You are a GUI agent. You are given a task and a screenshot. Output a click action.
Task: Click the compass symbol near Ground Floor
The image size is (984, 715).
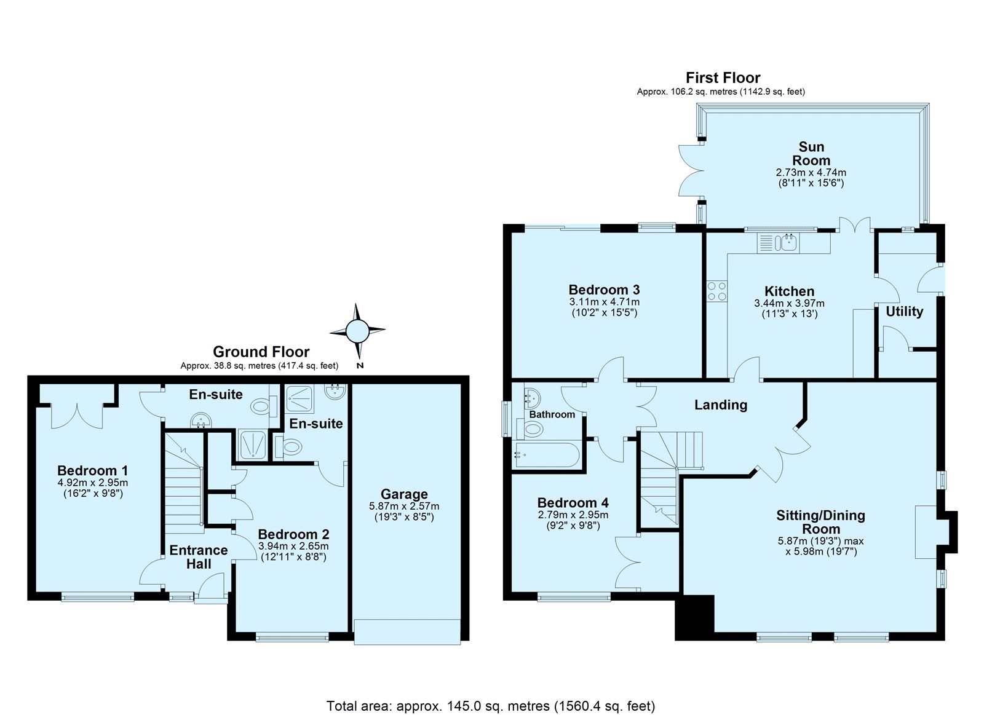click(357, 331)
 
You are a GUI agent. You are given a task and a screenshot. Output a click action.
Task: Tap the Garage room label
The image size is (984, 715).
click(404, 494)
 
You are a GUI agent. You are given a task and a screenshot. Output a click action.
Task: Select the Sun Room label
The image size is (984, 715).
click(811, 153)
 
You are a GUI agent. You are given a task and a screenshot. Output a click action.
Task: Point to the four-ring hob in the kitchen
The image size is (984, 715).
click(716, 291)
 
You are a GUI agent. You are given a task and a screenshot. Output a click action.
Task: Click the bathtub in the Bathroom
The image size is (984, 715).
click(547, 456)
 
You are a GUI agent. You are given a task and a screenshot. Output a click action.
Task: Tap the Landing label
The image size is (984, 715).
click(720, 405)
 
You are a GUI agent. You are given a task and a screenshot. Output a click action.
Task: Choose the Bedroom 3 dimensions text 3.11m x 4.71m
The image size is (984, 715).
click(605, 302)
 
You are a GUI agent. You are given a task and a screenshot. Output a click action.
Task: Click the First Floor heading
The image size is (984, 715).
click(723, 77)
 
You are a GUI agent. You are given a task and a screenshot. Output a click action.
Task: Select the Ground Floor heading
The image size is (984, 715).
click(261, 352)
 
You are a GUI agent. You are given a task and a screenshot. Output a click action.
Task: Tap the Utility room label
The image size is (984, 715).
click(904, 311)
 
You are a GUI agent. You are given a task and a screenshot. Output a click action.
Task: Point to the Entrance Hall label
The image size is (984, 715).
click(199, 557)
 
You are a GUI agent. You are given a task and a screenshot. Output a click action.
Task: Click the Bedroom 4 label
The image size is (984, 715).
click(573, 502)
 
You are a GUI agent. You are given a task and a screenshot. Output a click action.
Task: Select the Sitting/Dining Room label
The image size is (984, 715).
click(820, 522)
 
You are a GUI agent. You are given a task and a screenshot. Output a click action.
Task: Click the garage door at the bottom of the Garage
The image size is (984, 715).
click(407, 631)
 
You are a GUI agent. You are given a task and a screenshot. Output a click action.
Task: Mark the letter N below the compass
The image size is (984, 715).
click(360, 365)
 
